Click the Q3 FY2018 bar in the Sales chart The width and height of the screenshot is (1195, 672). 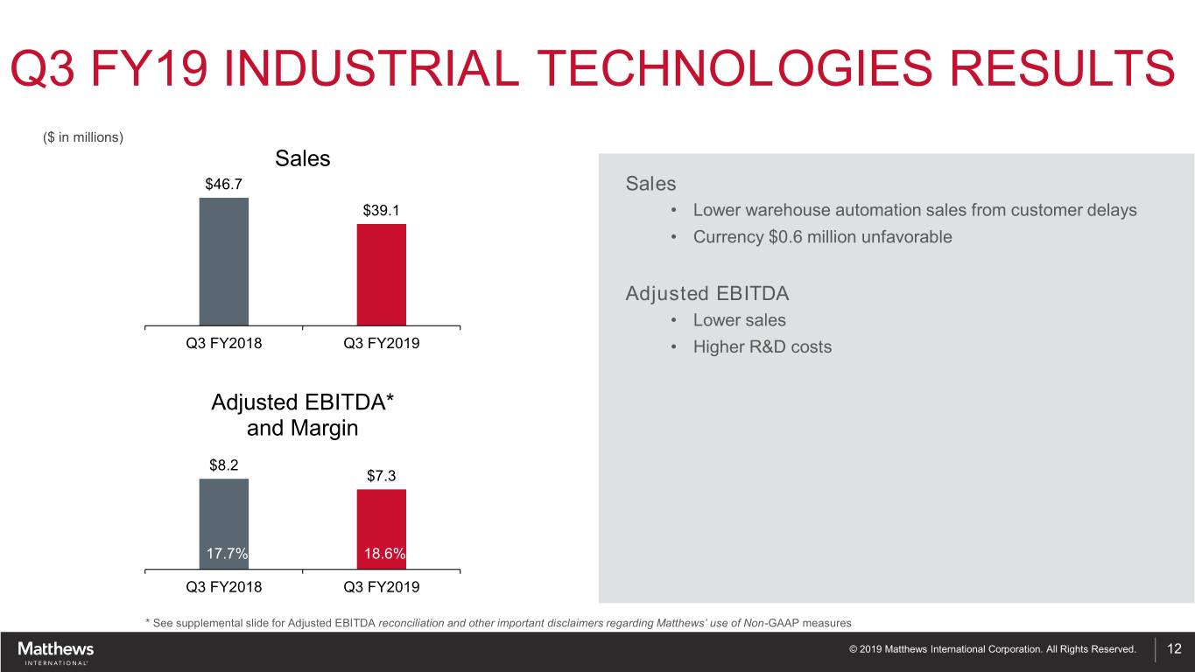[224, 262]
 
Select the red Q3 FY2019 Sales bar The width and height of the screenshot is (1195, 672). [382, 275]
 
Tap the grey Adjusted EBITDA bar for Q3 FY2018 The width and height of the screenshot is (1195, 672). [224, 516]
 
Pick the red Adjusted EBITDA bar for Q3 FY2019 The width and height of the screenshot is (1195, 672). [382, 521]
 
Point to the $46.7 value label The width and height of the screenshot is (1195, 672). [224, 184]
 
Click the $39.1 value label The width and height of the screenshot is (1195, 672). [382, 210]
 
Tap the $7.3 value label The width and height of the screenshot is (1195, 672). [382, 476]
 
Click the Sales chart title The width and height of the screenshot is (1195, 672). [302, 158]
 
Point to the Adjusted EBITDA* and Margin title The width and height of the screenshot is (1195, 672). [302, 416]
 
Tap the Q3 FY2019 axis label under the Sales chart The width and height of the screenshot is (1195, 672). [382, 344]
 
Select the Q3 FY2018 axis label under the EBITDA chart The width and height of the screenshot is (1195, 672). [224, 587]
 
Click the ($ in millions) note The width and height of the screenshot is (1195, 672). [83, 136]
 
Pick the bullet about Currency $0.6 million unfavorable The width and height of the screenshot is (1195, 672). [822, 237]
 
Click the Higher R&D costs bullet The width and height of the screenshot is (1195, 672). [762, 347]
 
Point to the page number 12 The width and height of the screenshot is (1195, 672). [1175, 649]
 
